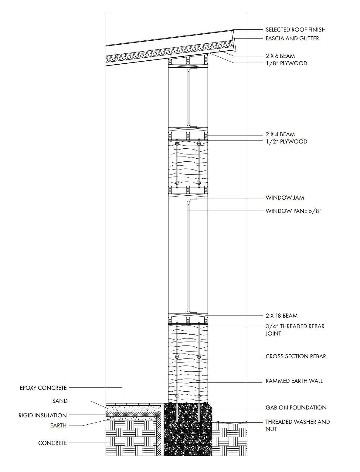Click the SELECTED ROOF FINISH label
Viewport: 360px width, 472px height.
[x=295, y=29]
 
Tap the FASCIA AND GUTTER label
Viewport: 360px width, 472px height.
[x=292, y=38]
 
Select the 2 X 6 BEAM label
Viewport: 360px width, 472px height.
[x=280, y=56]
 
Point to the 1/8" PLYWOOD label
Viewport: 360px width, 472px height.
[x=286, y=63]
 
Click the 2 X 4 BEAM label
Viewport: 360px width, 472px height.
[x=280, y=134]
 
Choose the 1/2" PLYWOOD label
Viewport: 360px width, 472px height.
[x=286, y=141]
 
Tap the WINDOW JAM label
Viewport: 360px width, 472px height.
[x=284, y=197]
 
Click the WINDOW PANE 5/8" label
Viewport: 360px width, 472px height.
[x=293, y=211]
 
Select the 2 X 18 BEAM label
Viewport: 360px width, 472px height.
[x=281, y=315]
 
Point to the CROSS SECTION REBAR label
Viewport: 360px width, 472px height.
[x=296, y=356]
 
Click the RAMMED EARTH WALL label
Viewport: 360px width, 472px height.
[x=294, y=381]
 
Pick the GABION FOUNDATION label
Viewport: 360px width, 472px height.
[x=296, y=407]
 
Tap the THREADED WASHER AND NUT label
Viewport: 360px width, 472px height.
[x=297, y=425]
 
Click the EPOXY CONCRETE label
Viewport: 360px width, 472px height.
[x=43, y=388]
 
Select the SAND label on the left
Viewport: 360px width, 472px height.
[x=60, y=401]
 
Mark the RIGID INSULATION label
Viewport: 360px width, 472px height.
[x=42, y=415]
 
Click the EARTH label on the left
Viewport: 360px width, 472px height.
[x=58, y=425]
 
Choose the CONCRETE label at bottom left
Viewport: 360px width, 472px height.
[x=52, y=443]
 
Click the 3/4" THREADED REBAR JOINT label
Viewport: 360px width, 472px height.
[x=295, y=330]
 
